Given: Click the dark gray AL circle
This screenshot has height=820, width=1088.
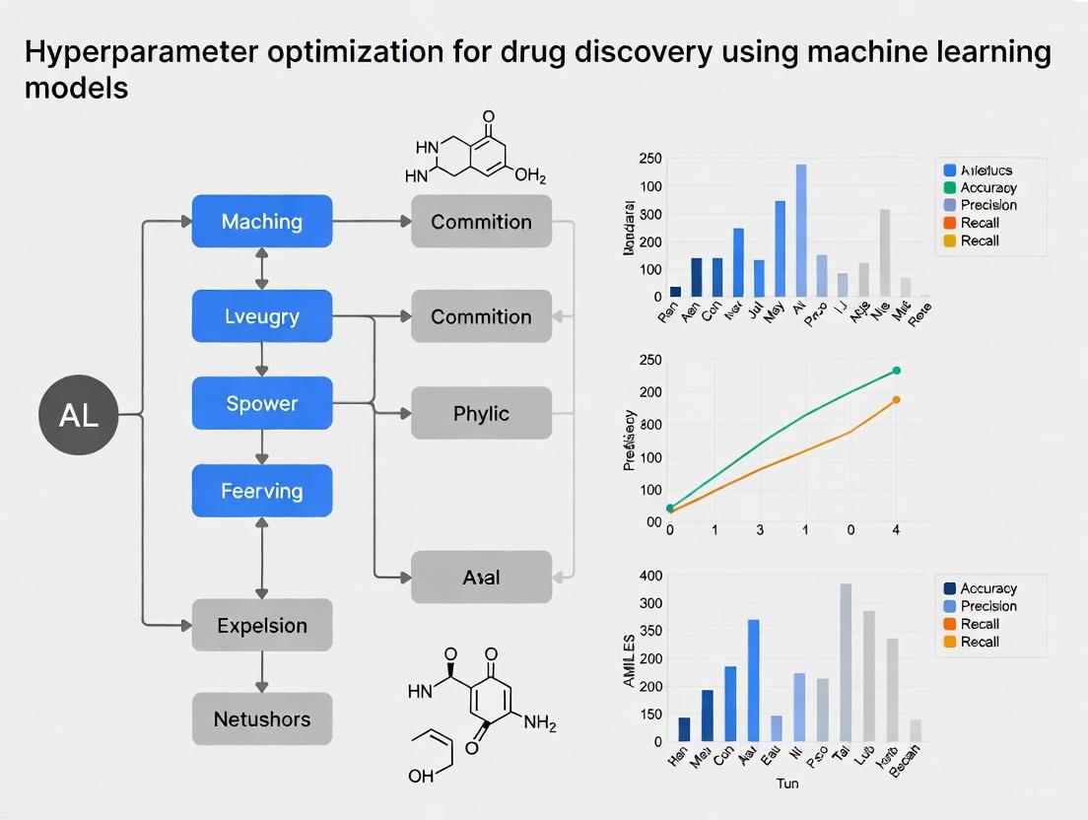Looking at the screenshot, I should coord(79,415).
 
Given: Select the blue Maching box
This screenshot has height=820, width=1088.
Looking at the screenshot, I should coord(261,221).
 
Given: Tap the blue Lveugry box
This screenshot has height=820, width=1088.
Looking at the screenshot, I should coord(261,316).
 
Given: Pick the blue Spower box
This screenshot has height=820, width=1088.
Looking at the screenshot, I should coord(261,403).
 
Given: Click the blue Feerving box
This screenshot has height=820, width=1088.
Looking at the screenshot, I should coord(261,491).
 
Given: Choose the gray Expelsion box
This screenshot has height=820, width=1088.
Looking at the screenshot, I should coord(261,625).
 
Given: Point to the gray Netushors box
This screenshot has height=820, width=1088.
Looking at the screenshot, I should coord(261,718).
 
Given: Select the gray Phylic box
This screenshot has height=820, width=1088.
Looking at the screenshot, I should coord(481,413).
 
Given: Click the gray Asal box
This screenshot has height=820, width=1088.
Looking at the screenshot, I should coord(481,577).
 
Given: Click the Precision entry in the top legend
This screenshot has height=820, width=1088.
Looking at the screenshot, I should coord(987,205).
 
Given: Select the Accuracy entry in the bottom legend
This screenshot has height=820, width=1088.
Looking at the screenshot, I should coord(987,588).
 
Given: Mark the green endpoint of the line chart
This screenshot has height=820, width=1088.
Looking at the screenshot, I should coord(897,371).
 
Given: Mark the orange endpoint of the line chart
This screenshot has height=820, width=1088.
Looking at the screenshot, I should coord(897,399).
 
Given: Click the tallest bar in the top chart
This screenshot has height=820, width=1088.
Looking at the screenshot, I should coord(801,231).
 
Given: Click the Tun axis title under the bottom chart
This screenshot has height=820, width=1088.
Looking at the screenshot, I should coord(787,784).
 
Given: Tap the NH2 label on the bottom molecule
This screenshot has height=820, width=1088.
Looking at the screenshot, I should coord(540,723).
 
